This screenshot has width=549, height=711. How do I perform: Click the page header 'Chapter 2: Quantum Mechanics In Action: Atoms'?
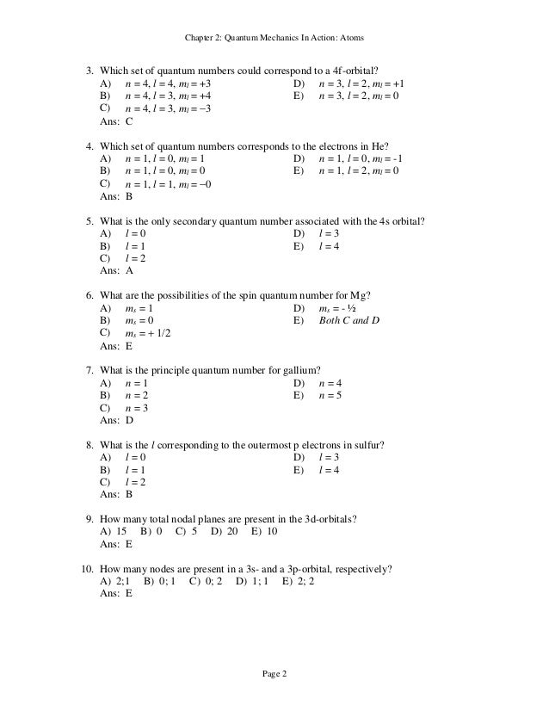[x=275, y=38]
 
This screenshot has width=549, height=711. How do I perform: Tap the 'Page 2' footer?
[x=275, y=673]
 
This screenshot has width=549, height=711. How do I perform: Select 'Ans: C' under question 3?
[x=116, y=122]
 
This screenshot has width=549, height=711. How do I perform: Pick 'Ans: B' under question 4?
[x=116, y=196]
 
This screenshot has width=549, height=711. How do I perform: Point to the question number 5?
[x=89, y=219]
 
